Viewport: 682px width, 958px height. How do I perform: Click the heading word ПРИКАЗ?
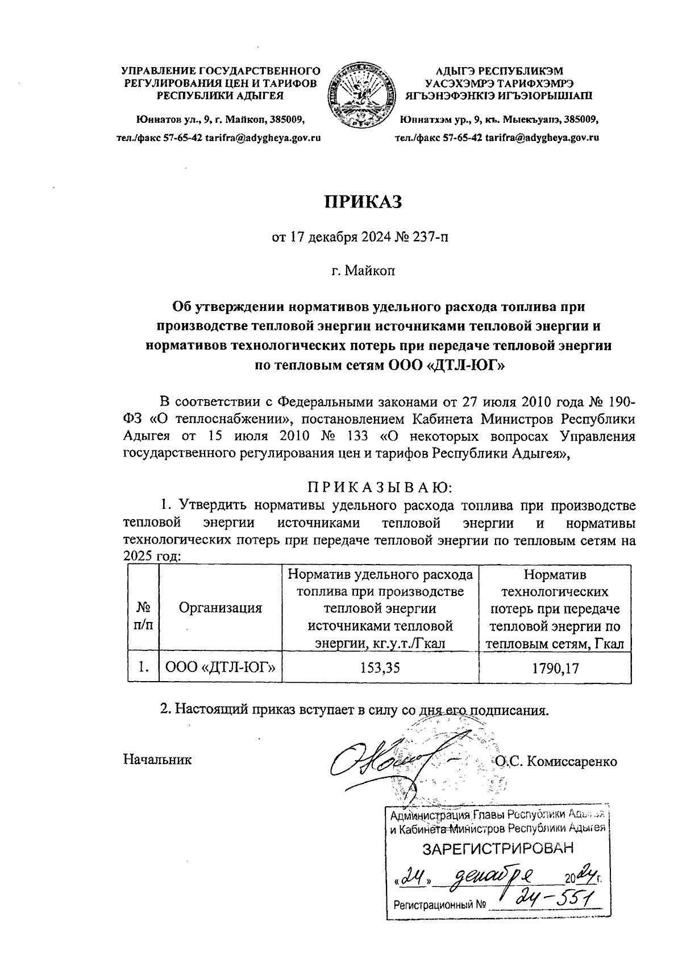pyautogui.click(x=363, y=201)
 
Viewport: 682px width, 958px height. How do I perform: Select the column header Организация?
pyautogui.click(x=221, y=608)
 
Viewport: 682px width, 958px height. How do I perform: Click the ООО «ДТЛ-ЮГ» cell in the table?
pyautogui.click(x=221, y=668)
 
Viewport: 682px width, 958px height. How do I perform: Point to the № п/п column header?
pyautogui.click(x=143, y=616)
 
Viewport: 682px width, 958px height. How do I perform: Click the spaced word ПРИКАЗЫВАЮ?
pyautogui.click(x=379, y=488)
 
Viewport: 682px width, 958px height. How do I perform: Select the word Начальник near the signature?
pyautogui.click(x=158, y=760)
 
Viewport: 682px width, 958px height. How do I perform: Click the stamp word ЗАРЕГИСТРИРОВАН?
pyautogui.click(x=497, y=849)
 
